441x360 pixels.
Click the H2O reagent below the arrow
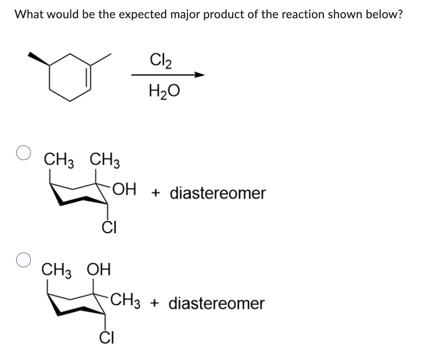pyautogui.click(x=164, y=91)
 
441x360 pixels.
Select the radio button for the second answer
pyautogui.click(x=24, y=260)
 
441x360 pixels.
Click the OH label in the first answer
pyautogui.click(x=124, y=190)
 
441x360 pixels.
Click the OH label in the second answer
pyautogui.click(x=98, y=270)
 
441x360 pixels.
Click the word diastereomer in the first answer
pyautogui.click(x=218, y=193)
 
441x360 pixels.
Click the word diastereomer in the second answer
pyautogui.click(x=217, y=303)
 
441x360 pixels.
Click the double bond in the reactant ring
pyautogui.click(x=88, y=77)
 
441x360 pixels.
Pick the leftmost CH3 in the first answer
pyautogui.click(x=59, y=160)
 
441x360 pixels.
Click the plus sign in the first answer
pyautogui.click(x=156, y=193)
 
